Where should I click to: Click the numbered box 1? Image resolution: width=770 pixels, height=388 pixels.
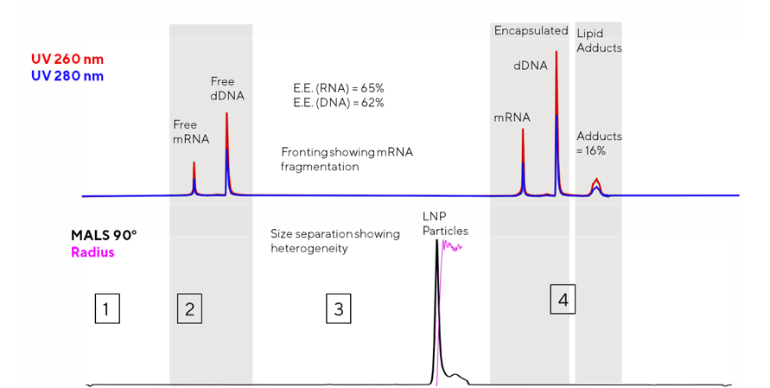click(x=105, y=308)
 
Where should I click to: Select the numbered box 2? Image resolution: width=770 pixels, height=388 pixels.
click(x=189, y=308)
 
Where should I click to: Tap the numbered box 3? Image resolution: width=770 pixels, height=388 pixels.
click(x=339, y=308)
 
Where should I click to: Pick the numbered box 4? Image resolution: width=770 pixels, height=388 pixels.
click(x=563, y=300)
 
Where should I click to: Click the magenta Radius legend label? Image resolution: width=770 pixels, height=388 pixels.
click(x=94, y=252)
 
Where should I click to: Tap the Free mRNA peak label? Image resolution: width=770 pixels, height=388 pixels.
click(x=192, y=130)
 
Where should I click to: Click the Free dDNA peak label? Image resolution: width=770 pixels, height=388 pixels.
click(x=227, y=89)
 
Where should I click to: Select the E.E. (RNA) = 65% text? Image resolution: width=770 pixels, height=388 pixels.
click(x=339, y=88)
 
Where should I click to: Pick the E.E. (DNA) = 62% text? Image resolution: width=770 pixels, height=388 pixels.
click(x=339, y=103)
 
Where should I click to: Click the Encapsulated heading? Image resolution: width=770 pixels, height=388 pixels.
click(x=531, y=31)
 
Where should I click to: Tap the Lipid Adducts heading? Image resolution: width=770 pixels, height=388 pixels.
click(x=599, y=41)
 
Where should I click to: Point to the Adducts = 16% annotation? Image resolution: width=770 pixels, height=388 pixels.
click(x=599, y=143)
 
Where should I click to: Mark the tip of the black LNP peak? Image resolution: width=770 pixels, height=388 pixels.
click(x=437, y=243)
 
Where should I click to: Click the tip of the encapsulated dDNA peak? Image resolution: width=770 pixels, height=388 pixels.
click(x=556, y=54)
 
